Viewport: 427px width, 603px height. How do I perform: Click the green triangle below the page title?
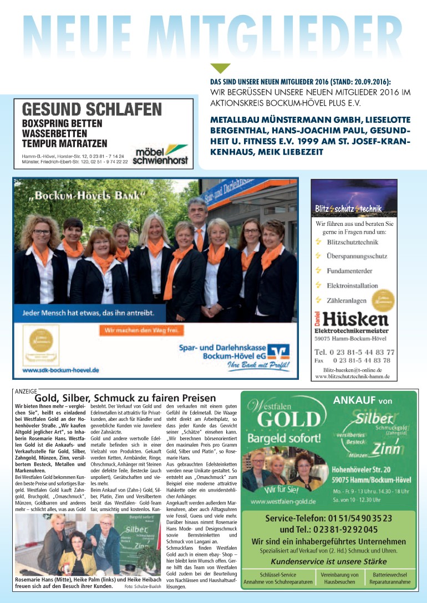[220, 68]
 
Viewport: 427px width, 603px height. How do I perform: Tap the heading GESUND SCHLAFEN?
[92, 109]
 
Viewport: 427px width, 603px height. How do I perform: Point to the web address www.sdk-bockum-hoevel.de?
[61, 369]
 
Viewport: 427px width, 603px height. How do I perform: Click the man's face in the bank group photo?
[197, 212]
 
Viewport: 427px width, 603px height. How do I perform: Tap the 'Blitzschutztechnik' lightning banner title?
[353, 209]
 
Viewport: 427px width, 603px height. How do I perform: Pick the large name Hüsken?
[358, 319]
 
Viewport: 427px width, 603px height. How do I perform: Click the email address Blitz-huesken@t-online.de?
[352, 369]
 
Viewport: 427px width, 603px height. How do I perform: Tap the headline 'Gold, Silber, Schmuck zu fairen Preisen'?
[125, 398]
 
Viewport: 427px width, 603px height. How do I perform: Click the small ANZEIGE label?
[25, 391]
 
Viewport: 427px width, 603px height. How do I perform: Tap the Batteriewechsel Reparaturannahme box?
[389, 579]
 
